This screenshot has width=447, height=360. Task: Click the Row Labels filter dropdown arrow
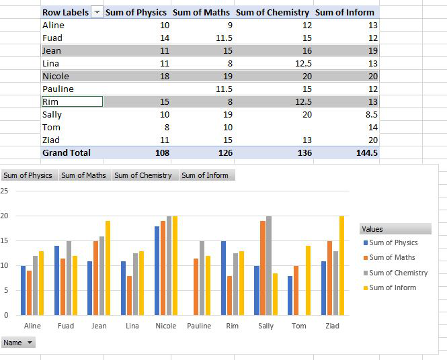click(x=97, y=12)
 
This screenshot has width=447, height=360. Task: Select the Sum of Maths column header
click(x=201, y=12)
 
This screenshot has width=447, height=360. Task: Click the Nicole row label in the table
click(x=56, y=76)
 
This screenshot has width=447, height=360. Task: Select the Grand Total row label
click(x=66, y=152)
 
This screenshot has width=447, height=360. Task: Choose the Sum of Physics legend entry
click(x=393, y=242)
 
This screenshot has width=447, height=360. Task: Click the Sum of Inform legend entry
click(x=393, y=287)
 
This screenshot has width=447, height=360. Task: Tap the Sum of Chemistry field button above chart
click(x=143, y=175)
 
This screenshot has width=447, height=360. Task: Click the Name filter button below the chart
click(x=18, y=343)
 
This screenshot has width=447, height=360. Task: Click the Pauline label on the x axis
click(x=199, y=326)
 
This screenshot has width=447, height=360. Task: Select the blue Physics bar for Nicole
click(x=157, y=270)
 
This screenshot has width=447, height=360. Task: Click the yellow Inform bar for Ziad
click(x=341, y=265)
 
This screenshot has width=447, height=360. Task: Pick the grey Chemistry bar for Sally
click(x=269, y=265)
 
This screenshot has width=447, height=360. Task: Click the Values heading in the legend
click(x=372, y=229)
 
